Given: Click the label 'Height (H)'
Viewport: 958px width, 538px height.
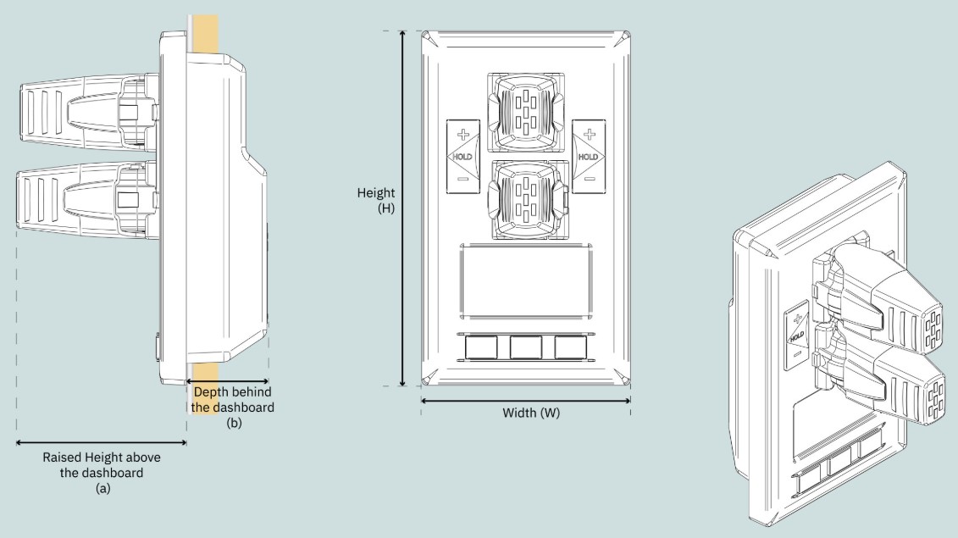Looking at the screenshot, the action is [x=376, y=201].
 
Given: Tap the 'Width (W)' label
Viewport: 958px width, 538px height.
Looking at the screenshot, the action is [x=531, y=413].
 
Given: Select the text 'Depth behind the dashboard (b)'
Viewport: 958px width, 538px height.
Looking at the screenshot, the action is [x=232, y=408].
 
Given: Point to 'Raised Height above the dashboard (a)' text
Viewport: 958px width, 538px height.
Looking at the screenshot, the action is [x=102, y=473].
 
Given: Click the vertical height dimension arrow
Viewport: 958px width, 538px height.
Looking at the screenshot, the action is [x=402, y=208].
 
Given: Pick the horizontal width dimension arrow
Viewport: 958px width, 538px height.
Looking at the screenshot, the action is [x=525, y=401].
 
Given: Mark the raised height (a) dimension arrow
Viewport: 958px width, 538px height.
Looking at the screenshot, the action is [x=102, y=442].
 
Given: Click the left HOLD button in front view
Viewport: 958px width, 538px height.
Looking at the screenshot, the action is [x=462, y=157].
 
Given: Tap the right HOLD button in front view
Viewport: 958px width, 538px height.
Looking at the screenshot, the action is [x=589, y=157].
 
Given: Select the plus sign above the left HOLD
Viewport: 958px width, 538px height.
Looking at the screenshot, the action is [x=463, y=134].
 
